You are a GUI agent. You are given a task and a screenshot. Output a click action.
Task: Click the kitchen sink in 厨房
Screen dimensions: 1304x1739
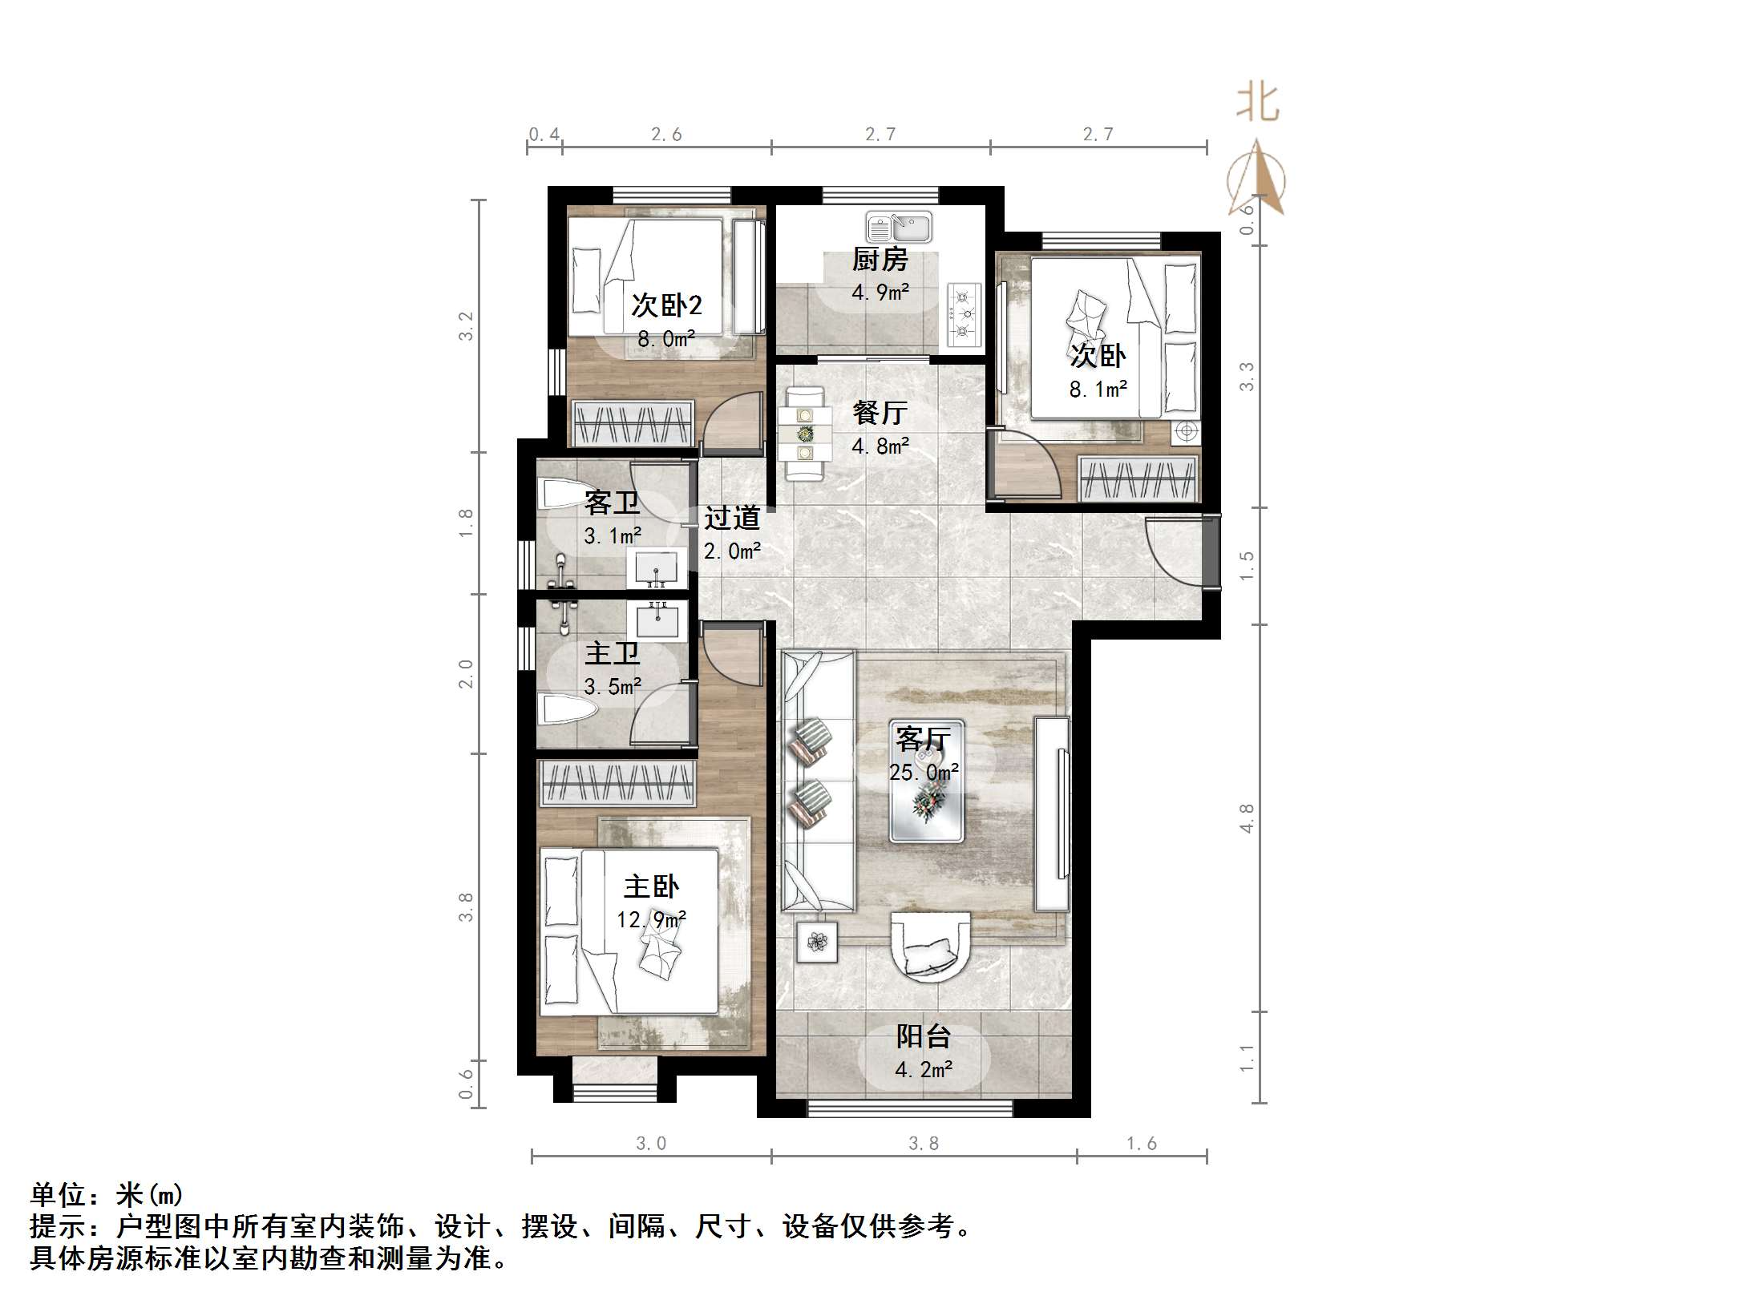click(x=899, y=228)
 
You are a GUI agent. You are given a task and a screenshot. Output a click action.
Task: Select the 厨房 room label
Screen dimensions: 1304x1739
click(x=880, y=260)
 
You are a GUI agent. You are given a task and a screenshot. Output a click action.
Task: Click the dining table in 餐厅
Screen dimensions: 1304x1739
click(x=804, y=434)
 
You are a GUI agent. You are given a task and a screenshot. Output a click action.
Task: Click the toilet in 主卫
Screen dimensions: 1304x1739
click(x=568, y=710)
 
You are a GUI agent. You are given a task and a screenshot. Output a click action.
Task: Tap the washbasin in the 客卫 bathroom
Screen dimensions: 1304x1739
click(x=656, y=570)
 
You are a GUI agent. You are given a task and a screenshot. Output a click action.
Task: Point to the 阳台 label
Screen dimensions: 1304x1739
click(x=923, y=1036)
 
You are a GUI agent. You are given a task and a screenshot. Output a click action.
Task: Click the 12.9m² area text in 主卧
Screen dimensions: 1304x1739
click(x=651, y=919)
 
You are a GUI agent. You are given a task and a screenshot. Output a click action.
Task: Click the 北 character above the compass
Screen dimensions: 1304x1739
click(x=1257, y=103)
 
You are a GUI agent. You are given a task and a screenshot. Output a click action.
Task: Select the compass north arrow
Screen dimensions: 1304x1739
click(x=1256, y=178)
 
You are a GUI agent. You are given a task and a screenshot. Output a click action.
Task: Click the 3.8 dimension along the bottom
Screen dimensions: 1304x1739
click(x=923, y=1144)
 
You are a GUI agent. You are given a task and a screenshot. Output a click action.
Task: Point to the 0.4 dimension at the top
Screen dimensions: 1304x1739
click(x=544, y=135)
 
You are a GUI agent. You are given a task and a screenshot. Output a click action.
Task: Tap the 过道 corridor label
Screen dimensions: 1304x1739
click(x=731, y=518)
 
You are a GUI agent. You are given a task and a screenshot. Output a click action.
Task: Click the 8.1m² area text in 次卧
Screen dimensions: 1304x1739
click(x=1098, y=390)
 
